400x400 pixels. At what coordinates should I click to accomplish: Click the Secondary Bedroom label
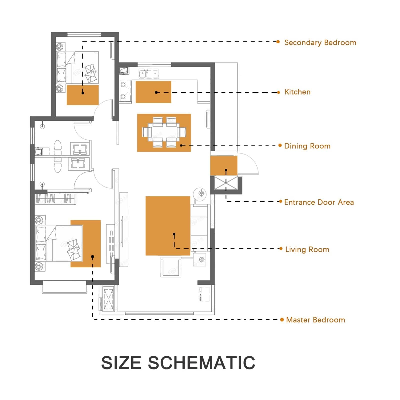[x=320, y=43]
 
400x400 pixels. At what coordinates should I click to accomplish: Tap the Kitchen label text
[x=297, y=92]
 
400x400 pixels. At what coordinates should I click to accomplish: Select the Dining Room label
[x=307, y=146]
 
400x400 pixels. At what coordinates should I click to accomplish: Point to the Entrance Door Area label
[x=319, y=202]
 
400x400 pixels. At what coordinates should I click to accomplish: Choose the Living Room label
[x=307, y=249]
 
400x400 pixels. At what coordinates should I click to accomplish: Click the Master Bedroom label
[x=315, y=320]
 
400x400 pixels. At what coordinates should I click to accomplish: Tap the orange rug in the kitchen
[x=153, y=92]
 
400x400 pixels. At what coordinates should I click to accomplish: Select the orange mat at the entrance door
[x=224, y=166]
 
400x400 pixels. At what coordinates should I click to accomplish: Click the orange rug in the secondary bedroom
[x=83, y=95]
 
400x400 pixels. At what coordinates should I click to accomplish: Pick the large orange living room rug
[x=168, y=226]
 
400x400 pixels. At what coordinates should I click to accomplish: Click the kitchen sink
[x=149, y=74]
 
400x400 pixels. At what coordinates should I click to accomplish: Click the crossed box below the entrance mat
[x=226, y=183]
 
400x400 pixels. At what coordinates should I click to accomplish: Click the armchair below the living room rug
[x=171, y=267]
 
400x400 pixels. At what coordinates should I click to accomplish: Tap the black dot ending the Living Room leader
[x=174, y=234]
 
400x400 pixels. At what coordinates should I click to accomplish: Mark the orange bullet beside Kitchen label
[x=279, y=92]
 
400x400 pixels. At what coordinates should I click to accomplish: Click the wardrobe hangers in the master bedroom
[x=55, y=198]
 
